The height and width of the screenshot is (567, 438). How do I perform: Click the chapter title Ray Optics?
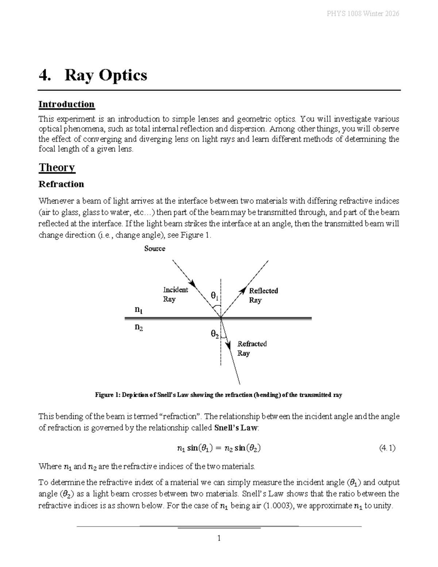[x=106, y=75]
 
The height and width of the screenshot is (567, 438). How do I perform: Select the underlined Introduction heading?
[x=66, y=104]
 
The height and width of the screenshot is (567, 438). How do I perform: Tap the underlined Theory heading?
[x=57, y=168]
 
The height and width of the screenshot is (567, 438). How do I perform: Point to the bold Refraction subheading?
[x=61, y=184]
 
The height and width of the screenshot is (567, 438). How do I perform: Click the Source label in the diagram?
[x=154, y=249]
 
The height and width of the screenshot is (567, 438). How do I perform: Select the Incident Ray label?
[x=175, y=295]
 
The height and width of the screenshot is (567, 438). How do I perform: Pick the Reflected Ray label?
[x=263, y=295]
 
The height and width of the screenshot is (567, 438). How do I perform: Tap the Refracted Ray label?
[x=252, y=348]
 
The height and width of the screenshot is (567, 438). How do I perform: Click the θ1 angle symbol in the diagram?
[x=215, y=296]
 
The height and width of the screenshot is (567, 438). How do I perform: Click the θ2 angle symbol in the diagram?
[x=215, y=334]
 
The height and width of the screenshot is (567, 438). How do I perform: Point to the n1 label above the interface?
[x=139, y=310]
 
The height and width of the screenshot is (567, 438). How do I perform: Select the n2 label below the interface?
[x=139, y=327]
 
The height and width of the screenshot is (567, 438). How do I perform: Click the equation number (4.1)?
[x=387, y=448]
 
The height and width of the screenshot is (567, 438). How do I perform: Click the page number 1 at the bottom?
[x=219, y=538]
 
